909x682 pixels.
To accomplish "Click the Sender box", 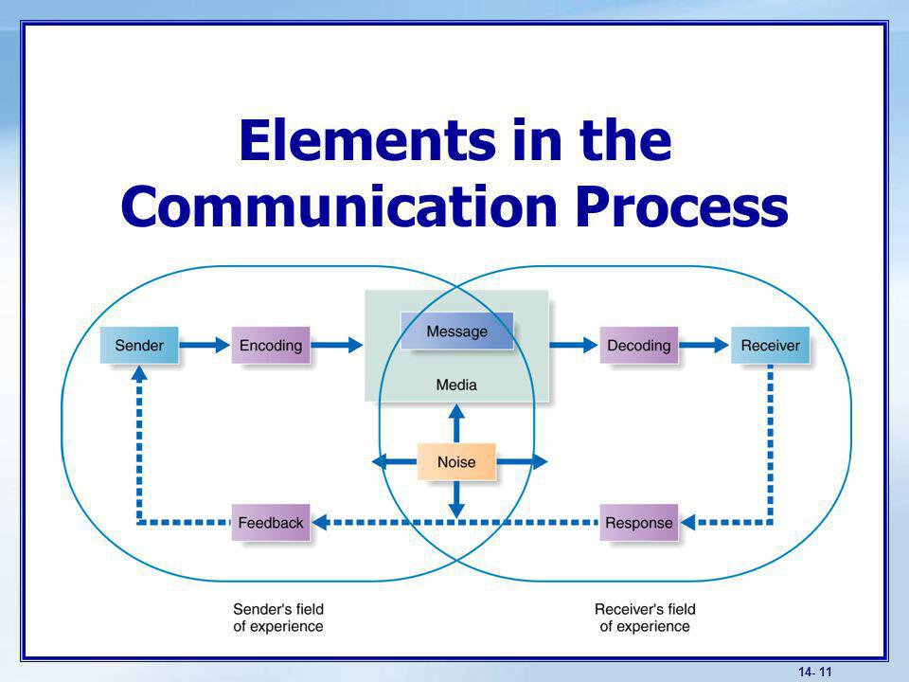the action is [139, 345].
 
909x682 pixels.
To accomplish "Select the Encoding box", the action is [271, 345].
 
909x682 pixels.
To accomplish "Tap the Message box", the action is [456, 332].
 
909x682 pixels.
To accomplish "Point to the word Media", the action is [456, 385].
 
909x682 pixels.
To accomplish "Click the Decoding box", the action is [639, 345].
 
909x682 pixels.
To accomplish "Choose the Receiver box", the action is [770, 345].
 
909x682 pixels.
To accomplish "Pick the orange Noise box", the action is [456, 462].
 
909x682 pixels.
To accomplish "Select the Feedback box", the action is [271, 523].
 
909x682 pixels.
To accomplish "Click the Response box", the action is [639, 523].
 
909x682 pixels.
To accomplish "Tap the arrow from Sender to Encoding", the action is [205, 345].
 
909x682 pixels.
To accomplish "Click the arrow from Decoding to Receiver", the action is [704, 345].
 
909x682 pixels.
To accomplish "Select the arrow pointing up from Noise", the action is [456, 423].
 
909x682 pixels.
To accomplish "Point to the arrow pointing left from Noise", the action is [394, 462].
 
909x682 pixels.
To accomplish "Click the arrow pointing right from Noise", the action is [522, 462].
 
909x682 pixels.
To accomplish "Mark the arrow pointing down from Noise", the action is [456, 499].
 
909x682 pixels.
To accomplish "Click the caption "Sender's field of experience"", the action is [278, 618].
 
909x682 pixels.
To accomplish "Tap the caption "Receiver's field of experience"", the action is [645, 618].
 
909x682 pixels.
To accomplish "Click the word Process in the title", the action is [682, 207].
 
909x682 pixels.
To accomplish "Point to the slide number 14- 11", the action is [815, 672].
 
